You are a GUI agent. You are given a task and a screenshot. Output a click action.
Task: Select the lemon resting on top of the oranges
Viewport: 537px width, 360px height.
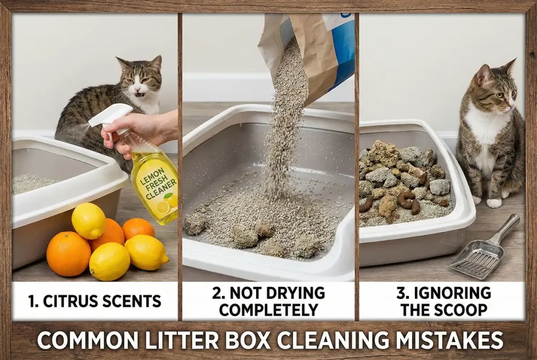tap(88, 220)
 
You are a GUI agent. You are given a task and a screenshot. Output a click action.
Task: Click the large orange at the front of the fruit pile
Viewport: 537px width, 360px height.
tap(68, 254)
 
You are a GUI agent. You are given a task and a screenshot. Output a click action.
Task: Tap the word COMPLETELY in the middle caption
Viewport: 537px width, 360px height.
tap(268, 309)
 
